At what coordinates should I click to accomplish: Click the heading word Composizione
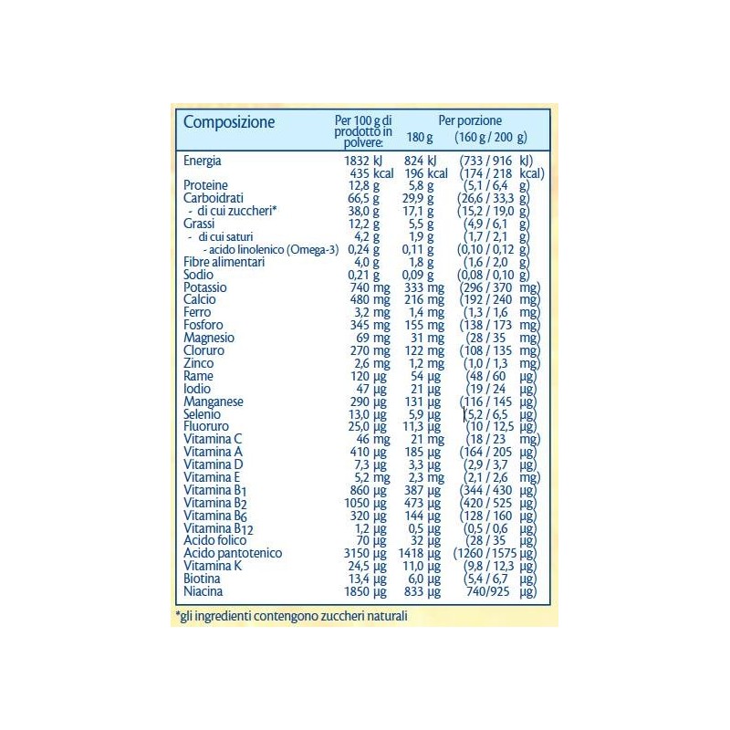[x=229, y=122]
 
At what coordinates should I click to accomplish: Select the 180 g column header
[x=420, y=138]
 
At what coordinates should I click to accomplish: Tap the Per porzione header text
[x=470, y=120]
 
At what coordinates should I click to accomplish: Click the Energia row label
[x=203, y=161]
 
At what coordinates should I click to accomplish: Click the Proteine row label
[x=204, y=185]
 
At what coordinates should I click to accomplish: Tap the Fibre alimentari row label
[x=224, y=262]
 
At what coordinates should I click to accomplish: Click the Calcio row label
[x=200, y=299]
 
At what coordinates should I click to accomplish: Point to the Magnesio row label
[x=208, y=338]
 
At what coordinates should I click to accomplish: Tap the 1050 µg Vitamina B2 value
[x=366, y=503]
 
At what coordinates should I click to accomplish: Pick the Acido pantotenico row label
[x=233, y=554]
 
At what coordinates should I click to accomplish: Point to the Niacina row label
[x=203, y=592]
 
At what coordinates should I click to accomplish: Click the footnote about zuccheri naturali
[x=290, y=618]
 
